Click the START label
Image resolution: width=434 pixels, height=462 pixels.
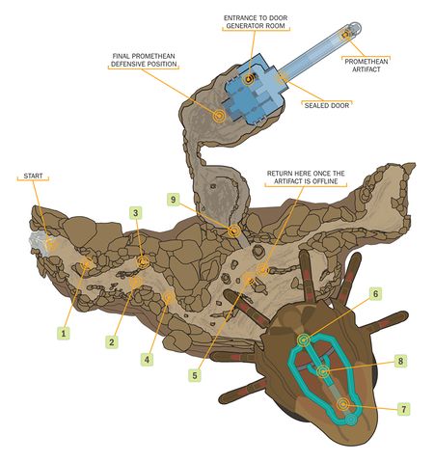[x=33, y=177]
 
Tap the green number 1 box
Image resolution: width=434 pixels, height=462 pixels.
[x=64, y=334]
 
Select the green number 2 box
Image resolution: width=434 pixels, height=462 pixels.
[x=112, y=342]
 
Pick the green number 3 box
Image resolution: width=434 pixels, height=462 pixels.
[x=136, y=213]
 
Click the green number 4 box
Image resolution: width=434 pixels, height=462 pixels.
[x=147, y=359]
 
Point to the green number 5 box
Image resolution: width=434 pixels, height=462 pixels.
[x=195, y=375]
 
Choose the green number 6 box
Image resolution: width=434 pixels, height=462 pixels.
[x=375, y=293]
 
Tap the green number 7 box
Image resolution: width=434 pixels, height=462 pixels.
[x=404, y=409]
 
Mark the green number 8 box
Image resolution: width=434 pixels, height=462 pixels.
[x=400, y=361]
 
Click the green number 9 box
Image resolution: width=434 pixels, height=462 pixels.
[x=174, y=200]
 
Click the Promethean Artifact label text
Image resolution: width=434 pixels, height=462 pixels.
[x=366, y=66]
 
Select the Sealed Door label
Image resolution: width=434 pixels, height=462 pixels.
[x=327, y=105]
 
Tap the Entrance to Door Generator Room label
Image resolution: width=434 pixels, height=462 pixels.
[x=256, y=21]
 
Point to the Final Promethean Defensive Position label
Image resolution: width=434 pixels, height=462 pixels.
[x=144, y=60]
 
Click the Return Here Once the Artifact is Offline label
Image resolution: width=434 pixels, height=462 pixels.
[x=306, y=177]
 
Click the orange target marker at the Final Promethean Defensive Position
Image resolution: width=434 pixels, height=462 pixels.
[x=219, y=115]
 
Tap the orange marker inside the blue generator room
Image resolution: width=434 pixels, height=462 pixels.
[x=249, y=78]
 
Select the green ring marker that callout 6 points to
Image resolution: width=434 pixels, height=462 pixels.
[x=304, y=340]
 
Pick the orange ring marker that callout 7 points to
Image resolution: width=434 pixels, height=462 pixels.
[x=343, y=404]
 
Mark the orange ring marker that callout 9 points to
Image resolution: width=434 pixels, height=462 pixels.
[x=234, y=231]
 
